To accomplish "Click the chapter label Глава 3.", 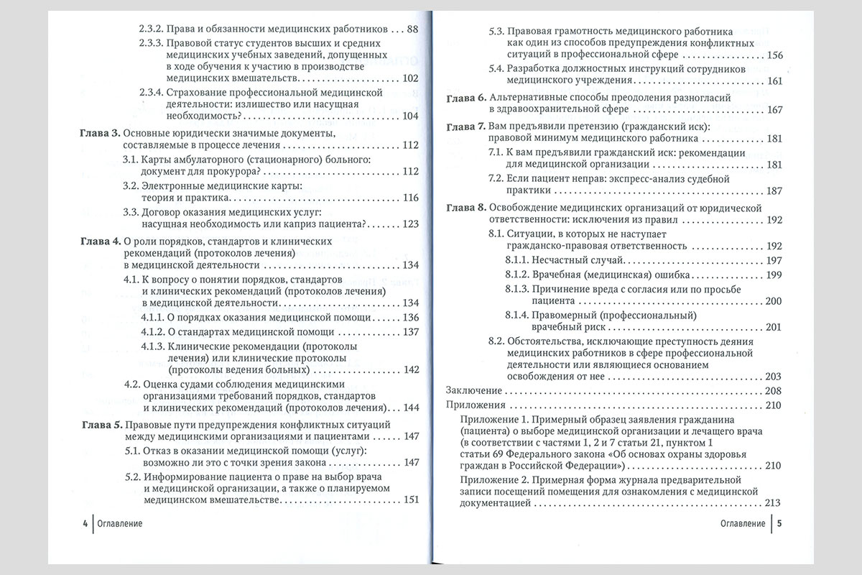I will [x=99, y=134].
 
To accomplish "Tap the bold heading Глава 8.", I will [x=465, y=208].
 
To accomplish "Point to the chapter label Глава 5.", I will [x=99, y=424].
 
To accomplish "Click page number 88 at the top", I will [x=412, y=29].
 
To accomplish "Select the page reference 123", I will [x=410, y=224].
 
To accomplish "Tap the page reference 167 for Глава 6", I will [x=774, y=109].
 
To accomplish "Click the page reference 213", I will [x=774, y=502].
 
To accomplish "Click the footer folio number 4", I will [x=85, y=523].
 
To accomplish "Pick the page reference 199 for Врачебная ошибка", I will [x=774, y=275].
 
